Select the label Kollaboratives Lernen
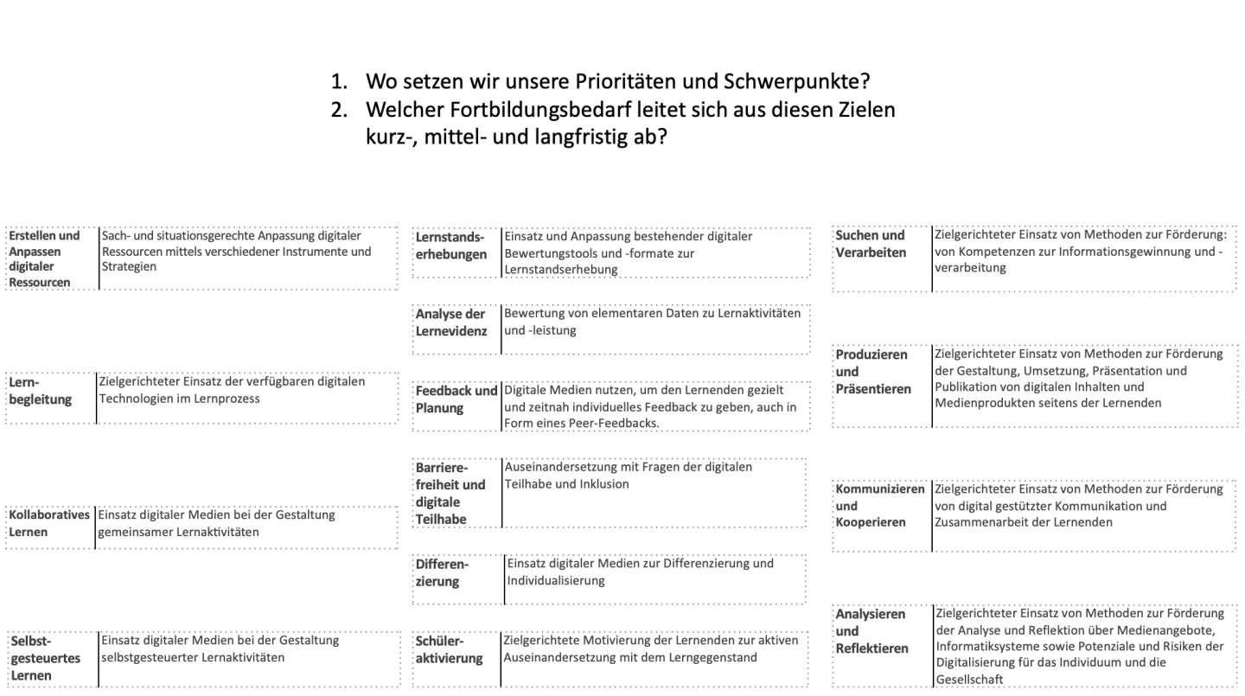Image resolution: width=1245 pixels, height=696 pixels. click(49, 523)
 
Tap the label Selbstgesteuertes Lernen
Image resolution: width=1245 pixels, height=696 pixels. click(44, 658)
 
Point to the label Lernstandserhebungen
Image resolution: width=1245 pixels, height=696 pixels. click(451, 246)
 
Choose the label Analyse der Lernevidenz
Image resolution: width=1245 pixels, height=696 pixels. click(451, 322)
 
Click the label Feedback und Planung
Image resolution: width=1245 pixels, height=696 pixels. click(456, 399)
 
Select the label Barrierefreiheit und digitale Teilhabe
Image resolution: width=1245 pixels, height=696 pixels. click(450, 493)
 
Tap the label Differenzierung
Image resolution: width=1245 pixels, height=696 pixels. click(442, 572)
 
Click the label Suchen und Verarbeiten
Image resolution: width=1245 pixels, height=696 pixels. click(871, 244)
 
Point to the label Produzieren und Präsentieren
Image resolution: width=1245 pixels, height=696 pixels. click(873, 372)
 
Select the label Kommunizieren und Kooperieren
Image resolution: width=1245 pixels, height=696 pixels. click(880, 506)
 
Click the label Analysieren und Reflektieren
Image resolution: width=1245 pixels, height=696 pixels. click(872, 631)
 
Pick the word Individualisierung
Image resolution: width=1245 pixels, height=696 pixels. click(556, 580)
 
